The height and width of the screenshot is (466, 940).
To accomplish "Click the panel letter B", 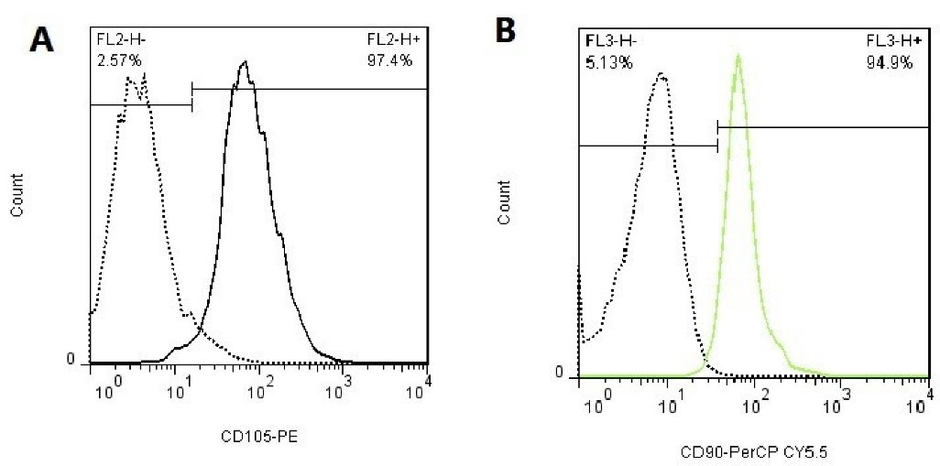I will (x=507, y=31).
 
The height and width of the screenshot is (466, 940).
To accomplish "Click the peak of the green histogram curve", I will (x=738, y=55).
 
